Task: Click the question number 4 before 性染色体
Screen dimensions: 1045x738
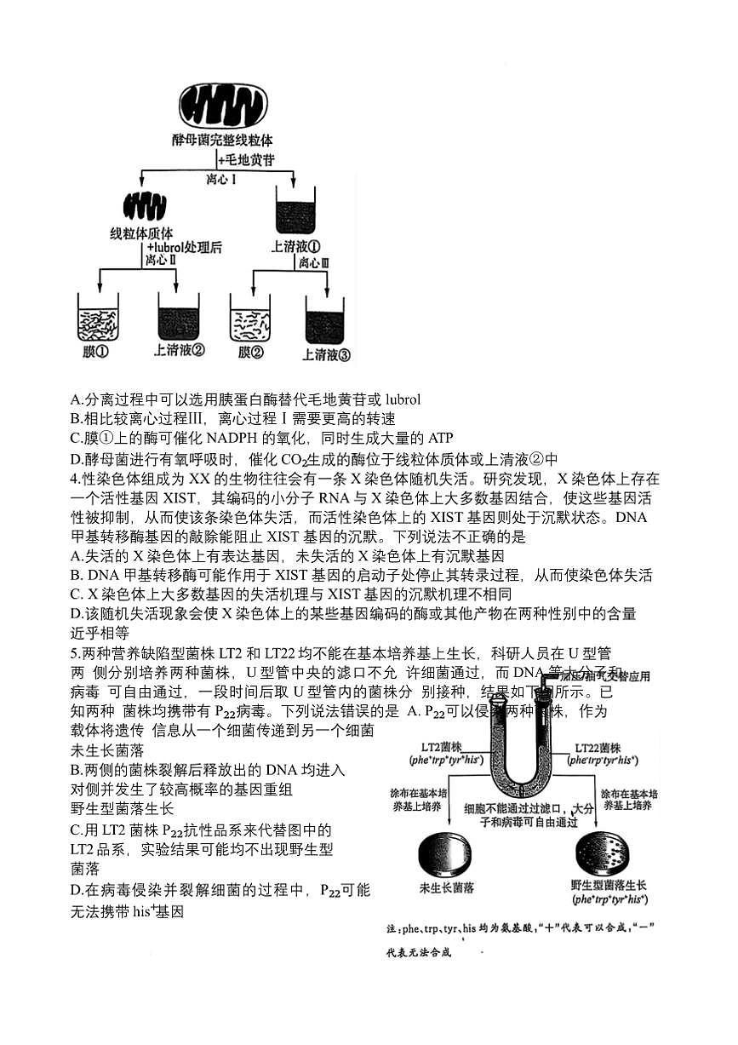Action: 74,479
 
